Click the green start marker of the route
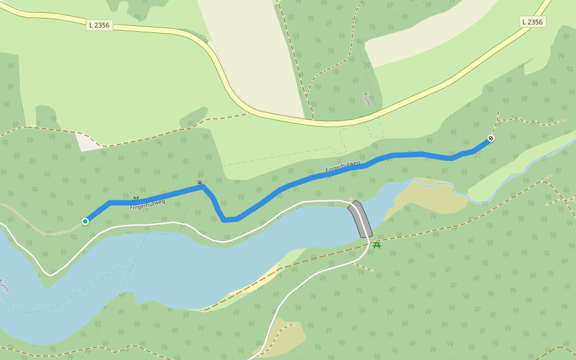click(x=85, y=221)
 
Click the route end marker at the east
click(x=491, y=139)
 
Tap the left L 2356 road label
click(x=100, y=25)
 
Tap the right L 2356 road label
click(x=532, y=22)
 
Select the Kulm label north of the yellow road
click(x=367, y=100)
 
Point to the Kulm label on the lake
click(x=4, y=285)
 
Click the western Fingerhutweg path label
click(x=147, y=204)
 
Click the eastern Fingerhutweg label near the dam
click(x=343, y=166)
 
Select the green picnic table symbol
click(x=377, y=245)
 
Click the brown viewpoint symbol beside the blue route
click(x=136, y=198)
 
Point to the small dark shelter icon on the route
click(x=200, y=182)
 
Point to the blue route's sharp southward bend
click(x=223, y=219)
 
